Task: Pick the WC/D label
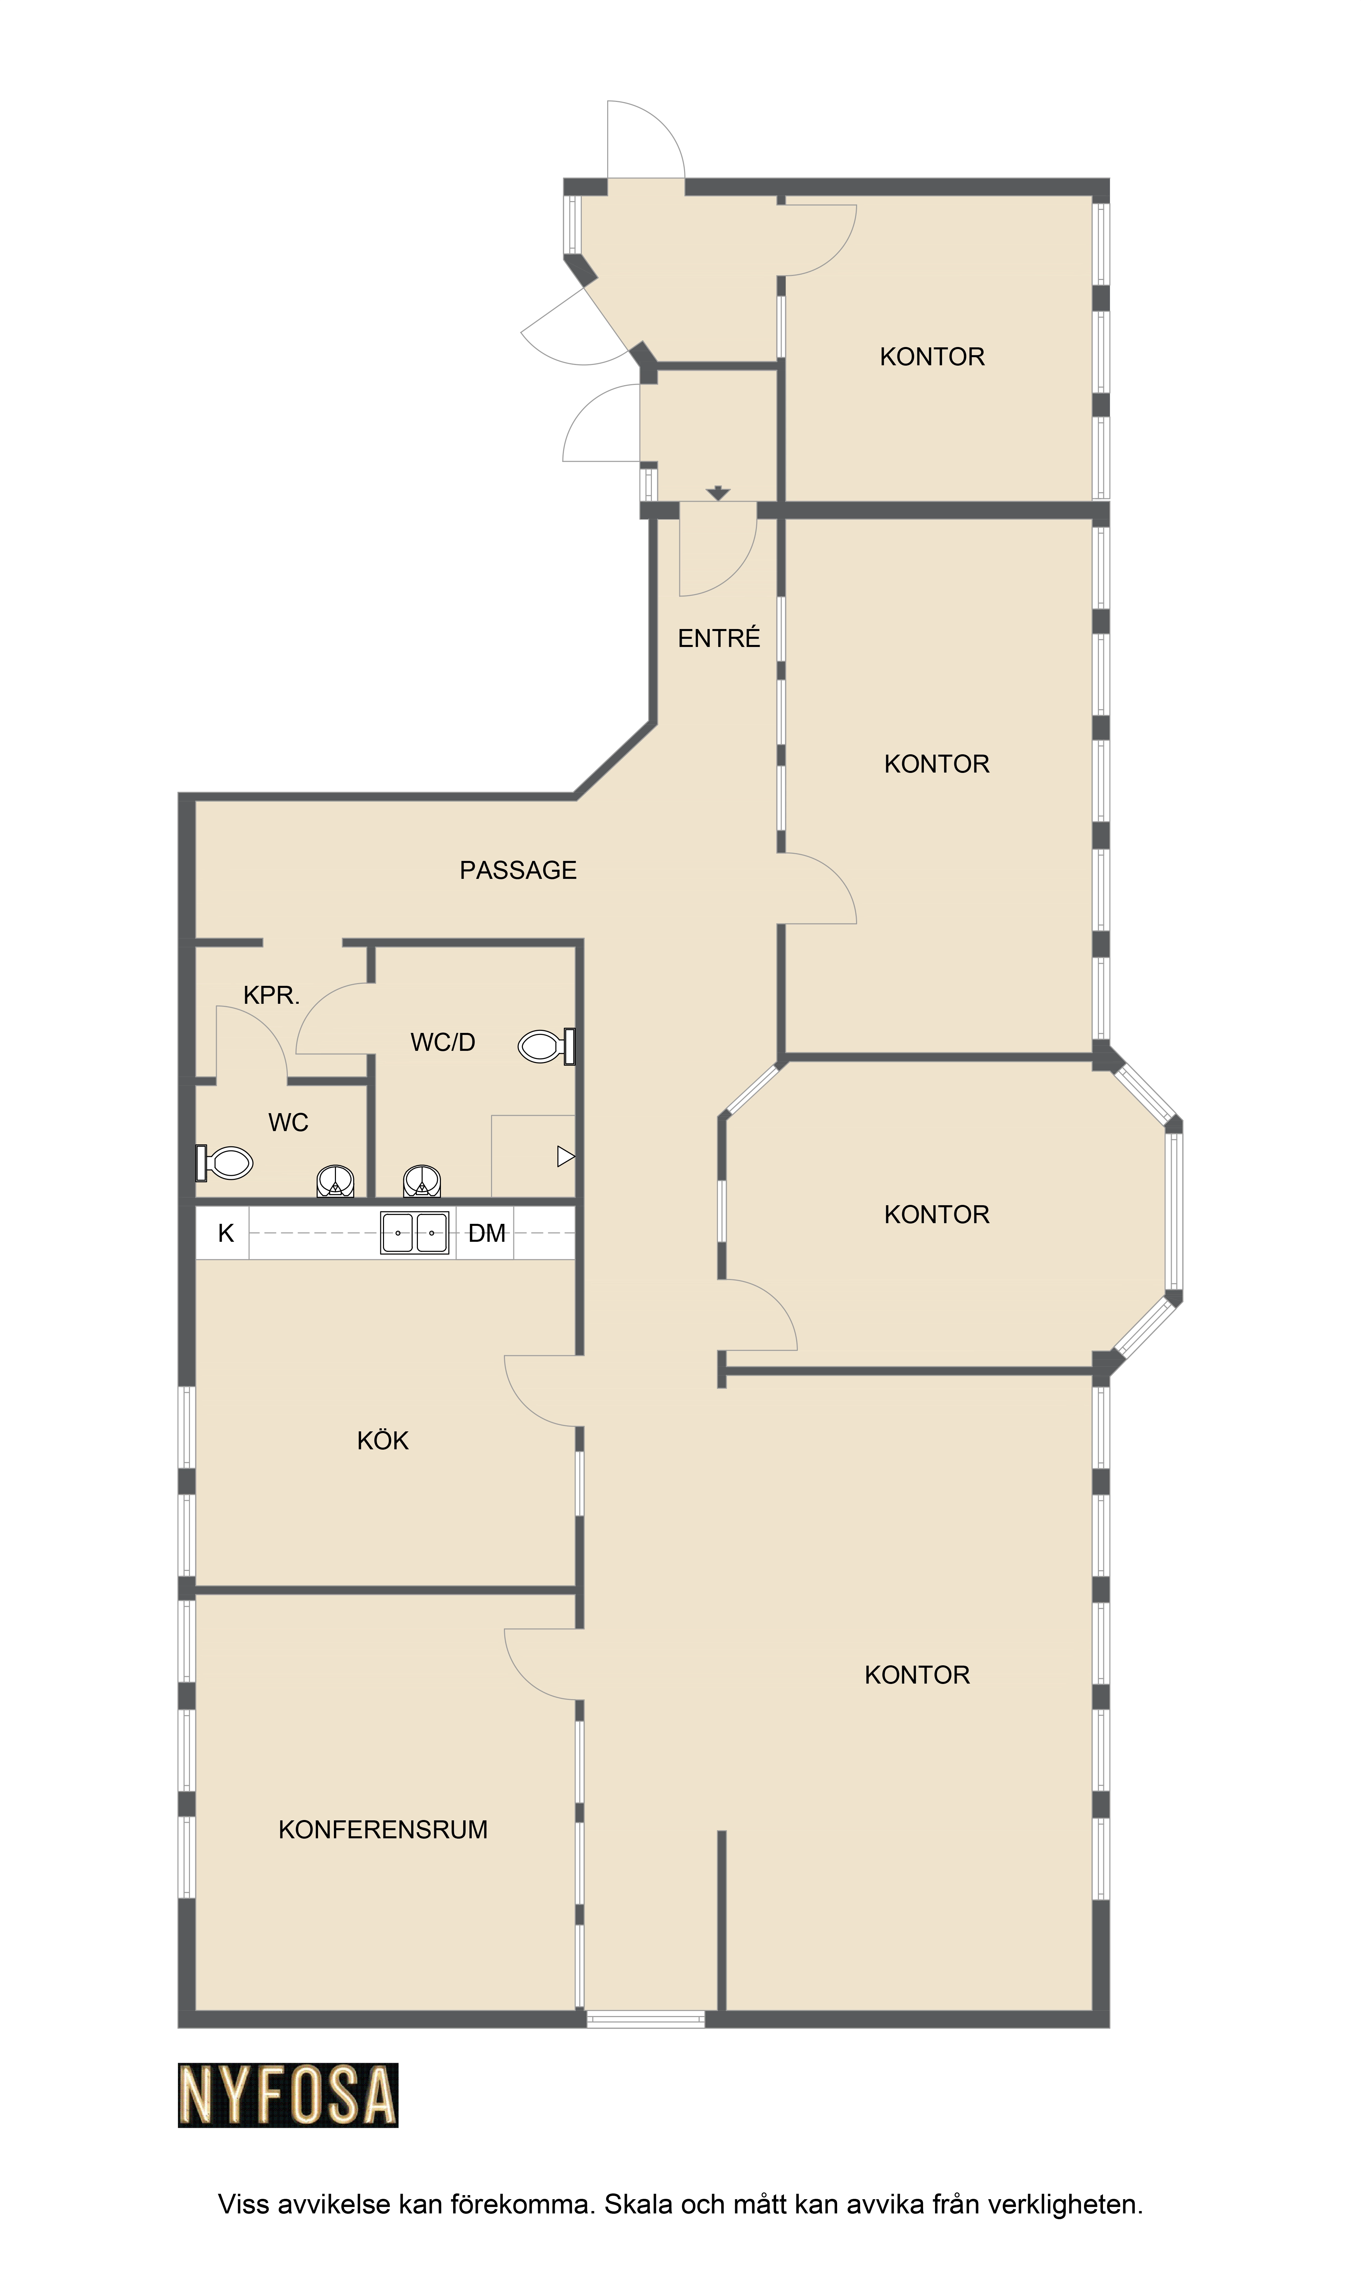pyautogui.click(x=443, y=1042)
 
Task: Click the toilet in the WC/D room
pyautogui.click(x=547, y=1046)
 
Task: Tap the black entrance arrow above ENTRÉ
pyautogui.click(x=718, y=493)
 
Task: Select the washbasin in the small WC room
pyautogui.click(x=336, y=1181)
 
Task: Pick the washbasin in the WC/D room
pyautogui.click(x=422, y=1181)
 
